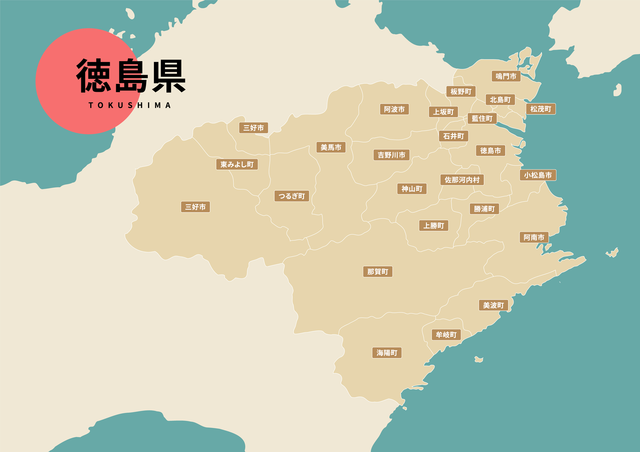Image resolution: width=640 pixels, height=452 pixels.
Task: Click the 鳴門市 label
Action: [506, 76]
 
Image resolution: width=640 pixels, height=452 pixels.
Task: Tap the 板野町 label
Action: [461, 92]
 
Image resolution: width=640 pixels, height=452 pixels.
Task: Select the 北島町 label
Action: [500, 100]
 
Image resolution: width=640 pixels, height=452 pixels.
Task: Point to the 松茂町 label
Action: [541, 109]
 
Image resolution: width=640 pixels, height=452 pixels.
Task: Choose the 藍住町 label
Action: [482, 119]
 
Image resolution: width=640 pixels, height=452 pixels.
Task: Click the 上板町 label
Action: [443, 112]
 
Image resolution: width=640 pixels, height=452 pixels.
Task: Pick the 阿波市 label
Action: [394, 109]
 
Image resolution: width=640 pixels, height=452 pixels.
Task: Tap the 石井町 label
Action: [453, 136]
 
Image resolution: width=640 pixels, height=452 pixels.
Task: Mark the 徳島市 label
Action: [491, 151]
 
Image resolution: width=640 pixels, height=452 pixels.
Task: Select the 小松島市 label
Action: [538, 175]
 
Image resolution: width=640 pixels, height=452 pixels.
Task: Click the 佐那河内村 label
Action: [462, 180]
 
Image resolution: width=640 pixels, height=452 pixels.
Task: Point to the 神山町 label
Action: [412, 189]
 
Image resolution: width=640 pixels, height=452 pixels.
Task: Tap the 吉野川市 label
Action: [391, 155]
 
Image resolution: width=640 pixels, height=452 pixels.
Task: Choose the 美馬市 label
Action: [331, 147]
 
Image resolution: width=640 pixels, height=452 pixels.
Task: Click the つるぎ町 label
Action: [292, 196]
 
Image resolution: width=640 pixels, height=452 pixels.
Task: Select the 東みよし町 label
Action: [237, 164]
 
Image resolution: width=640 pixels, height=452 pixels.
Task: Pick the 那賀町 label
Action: [378, 272]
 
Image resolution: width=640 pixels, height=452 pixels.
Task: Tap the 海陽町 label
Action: [387, 353]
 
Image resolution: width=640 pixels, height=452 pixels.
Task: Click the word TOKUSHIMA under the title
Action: [130, 106]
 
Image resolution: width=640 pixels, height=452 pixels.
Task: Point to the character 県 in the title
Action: [169, 76]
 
